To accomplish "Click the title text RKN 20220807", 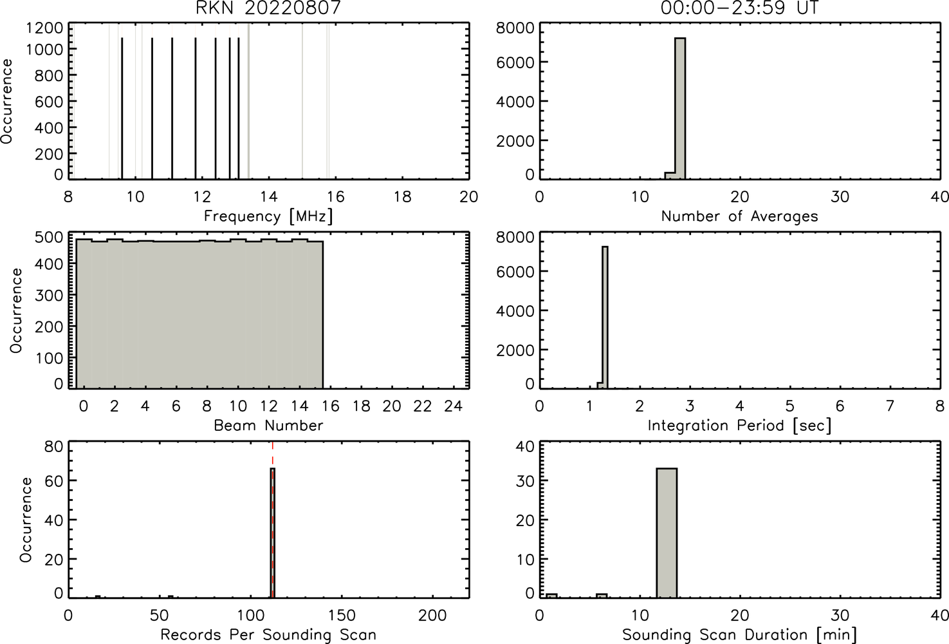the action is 268,8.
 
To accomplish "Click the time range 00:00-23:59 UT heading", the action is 739,8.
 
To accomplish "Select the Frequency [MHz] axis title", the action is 268,216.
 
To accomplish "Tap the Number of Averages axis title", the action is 739,216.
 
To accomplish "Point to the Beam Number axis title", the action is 268,425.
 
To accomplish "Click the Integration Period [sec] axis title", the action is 739,425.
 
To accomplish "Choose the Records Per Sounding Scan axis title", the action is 268,635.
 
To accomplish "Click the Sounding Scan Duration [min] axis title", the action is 739,635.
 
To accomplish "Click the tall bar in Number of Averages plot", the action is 680,109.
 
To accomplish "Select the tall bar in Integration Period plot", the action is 605,317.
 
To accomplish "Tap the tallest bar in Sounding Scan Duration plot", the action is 667,533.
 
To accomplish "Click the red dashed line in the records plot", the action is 273,520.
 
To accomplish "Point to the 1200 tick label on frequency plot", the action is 44,28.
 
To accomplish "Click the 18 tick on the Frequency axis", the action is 403,196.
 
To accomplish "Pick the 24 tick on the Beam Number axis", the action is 453,406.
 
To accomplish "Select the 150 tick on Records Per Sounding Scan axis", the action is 342,615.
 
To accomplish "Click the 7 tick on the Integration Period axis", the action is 890,406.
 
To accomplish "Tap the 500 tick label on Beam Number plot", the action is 50,238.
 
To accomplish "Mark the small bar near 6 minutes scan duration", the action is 602,596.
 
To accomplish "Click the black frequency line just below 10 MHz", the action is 122,109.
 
